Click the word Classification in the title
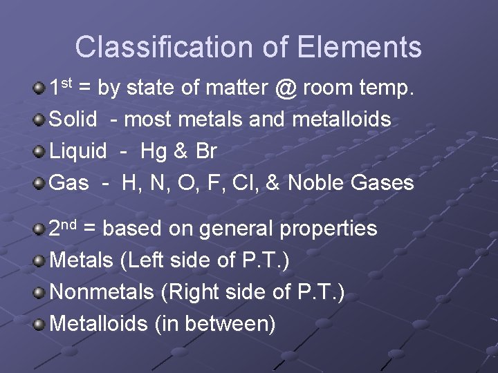tap(165, 47)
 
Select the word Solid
tap(74, 119)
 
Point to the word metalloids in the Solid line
tap(342, 119)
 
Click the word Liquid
tap(79, 151)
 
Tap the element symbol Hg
tap(154, 151)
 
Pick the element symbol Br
tap(204, 151)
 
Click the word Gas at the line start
tap(70, 183)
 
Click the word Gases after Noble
tap(382, 183)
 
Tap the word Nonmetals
tap(102, 292)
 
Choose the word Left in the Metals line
tap(147, 260)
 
